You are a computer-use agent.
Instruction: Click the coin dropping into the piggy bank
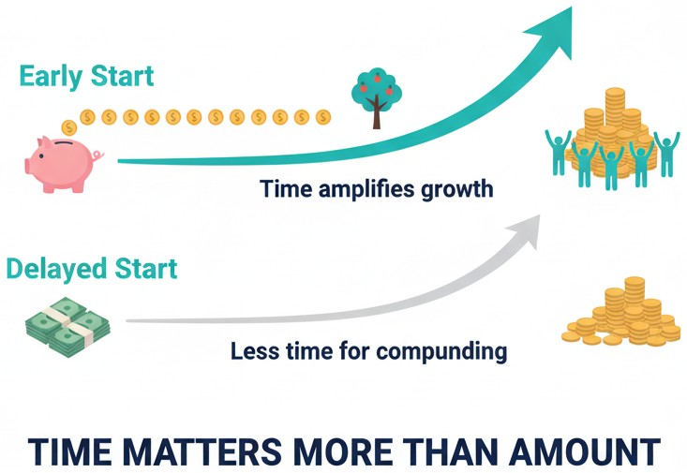(68, 127)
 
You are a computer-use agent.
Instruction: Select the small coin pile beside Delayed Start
(622, 315)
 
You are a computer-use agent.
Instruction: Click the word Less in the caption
(251, 352)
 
